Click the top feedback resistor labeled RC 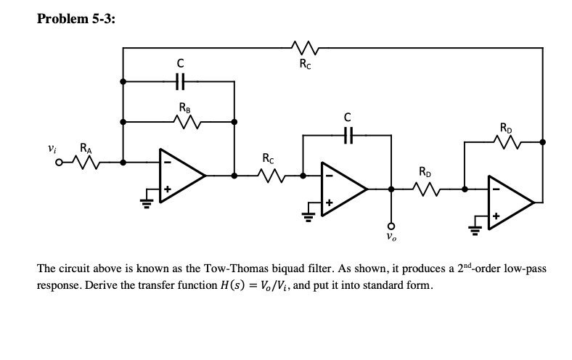tap(303, 48)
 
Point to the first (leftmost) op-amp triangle tap(181, 174)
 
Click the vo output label tap(391, 237)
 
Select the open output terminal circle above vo tap(391, 225)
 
